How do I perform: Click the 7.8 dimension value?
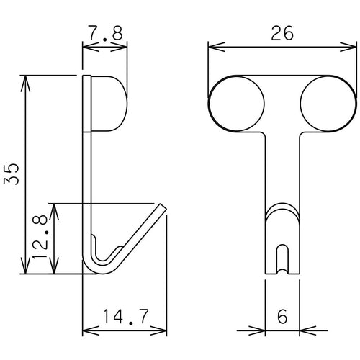105,33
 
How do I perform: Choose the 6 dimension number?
282,317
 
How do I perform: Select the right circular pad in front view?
327,102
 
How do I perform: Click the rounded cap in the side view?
109,102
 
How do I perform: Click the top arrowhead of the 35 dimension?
26,79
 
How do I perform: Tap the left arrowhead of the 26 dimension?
213,47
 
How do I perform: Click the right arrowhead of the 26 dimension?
350,47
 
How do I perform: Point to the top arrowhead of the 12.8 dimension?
55,208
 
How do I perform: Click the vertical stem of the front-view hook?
282,173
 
